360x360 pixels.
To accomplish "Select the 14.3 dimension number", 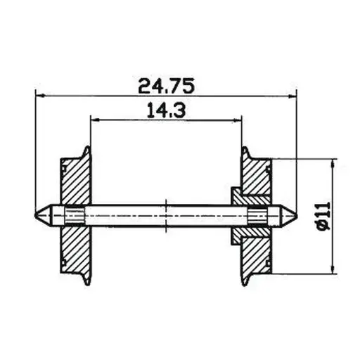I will coord(167,110).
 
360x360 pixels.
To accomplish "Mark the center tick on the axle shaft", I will coord(166,214).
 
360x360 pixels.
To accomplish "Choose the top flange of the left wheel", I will coord(86,151).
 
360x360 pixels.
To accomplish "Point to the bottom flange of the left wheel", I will coord(86,276).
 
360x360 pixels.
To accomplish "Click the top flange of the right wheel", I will coord(246,151).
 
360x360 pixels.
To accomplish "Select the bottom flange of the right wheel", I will coord(246,276).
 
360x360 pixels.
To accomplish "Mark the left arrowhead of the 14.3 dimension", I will coord(94,120).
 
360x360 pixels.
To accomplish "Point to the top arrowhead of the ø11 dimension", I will coord(333,164).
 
